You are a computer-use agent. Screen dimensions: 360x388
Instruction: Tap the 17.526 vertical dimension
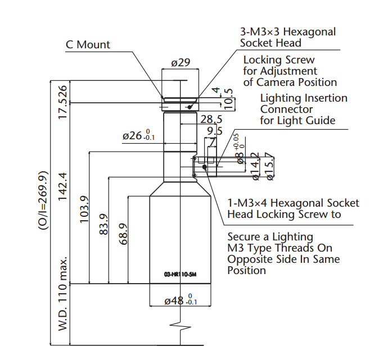pyautogui.click(x=63, y=102)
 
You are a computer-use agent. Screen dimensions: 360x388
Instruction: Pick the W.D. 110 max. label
pyautogui.click(x=63, y=301)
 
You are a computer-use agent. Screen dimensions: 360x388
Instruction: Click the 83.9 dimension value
pyautogui.click(x=103, y=225)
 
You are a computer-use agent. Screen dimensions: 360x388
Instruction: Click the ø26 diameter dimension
pyautogui.click(x=138, y=135)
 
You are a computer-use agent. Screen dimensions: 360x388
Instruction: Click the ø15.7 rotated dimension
pyautogui.click(x=270, y=167)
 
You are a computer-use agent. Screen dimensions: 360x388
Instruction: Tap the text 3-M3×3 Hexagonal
pyautogui.click(x=288, y=32)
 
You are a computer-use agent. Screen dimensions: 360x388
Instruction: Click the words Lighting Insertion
pyautogui.click(x=304, y=98)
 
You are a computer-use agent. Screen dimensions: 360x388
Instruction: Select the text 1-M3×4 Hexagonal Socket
pyautogui.click(x=293, y=203)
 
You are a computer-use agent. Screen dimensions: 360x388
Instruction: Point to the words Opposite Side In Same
pyautogui.click(x=283, y=259)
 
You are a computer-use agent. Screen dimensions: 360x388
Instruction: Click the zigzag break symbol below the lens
pyautogui.click(x=181, y=326)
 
